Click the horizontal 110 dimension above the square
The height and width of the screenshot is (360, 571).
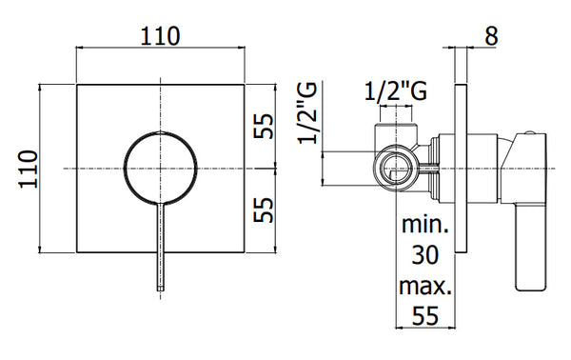(x=160, y=36)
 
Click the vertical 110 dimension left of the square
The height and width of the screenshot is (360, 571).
(x=29, y=169)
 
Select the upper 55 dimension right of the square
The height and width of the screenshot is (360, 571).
(x=264, y=126)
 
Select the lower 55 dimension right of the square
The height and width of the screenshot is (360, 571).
(x=264, y=210)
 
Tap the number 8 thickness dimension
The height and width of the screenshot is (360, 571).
(x=491, y=36)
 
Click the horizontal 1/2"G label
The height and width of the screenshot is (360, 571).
(x=396, y=90)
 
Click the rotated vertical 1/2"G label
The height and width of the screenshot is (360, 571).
(x=307, y=113)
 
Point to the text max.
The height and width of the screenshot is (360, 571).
(x=425, y=286)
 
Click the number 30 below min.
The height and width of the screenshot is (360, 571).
(x=425, y=255)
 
